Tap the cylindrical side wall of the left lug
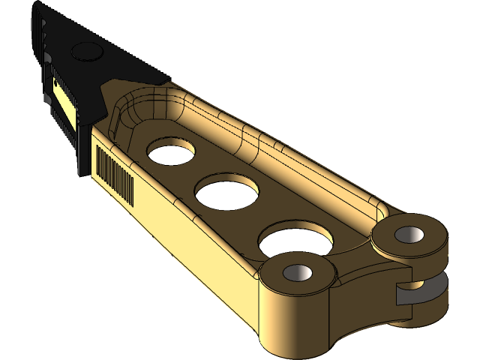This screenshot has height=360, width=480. (292, 319)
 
